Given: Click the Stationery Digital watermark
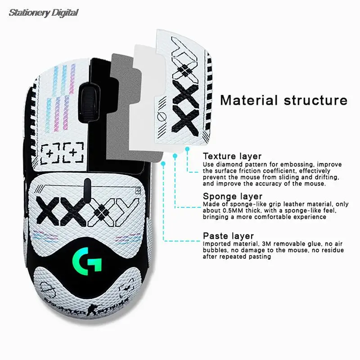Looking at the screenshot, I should (43, 13).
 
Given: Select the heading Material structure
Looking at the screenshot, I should (284, 100).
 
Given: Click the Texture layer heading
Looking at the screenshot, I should (232, 157).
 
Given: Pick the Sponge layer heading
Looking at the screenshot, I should (232, 197).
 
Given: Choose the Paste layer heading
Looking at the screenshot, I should (228, 236).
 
